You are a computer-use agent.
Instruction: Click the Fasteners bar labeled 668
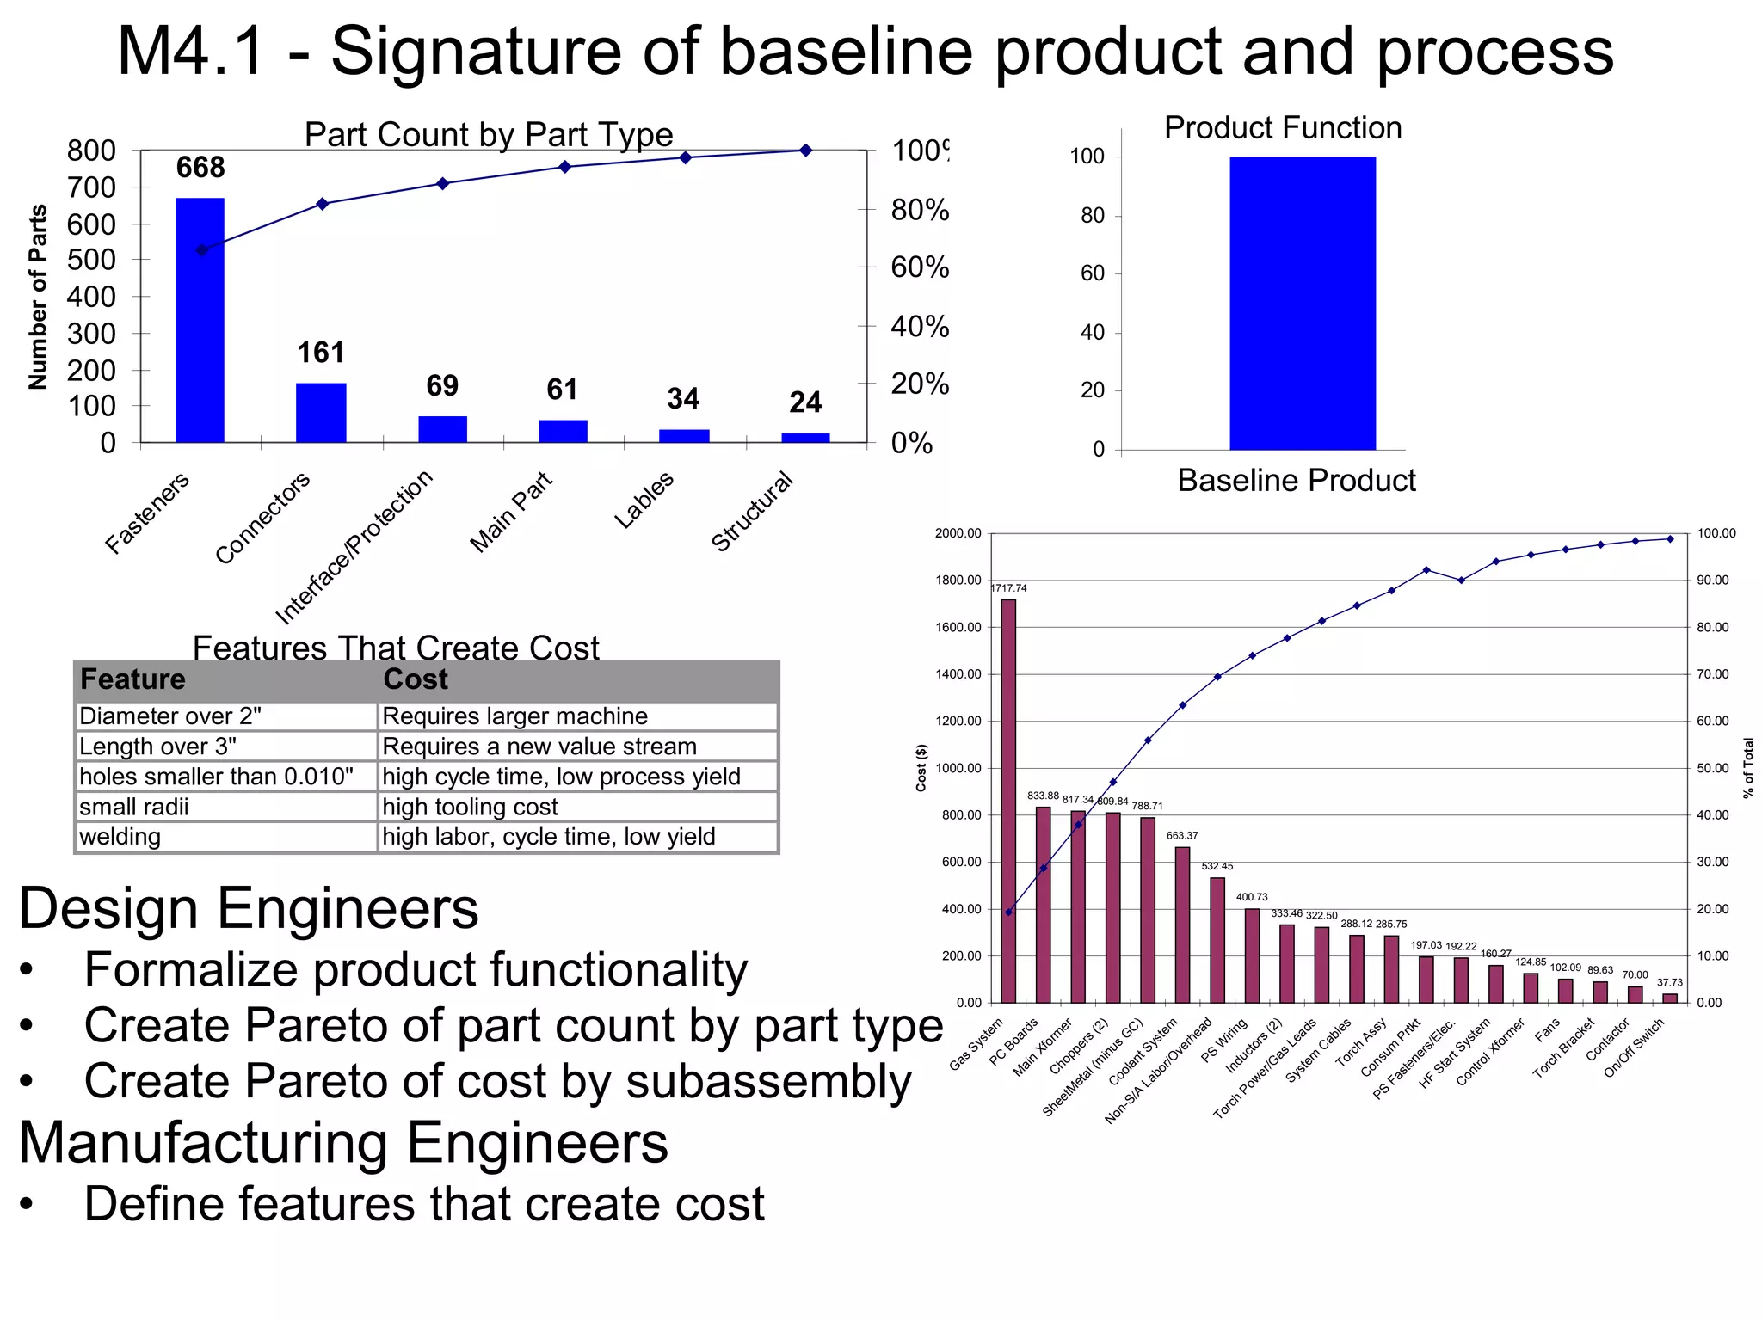(200, 320)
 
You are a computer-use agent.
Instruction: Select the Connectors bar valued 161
(321, 413)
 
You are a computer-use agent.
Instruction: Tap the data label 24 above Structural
(805, 402)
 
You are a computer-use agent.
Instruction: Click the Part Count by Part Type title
(488, 135)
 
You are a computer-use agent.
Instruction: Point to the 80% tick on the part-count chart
(919, 210)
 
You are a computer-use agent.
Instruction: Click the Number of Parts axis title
(37, 297)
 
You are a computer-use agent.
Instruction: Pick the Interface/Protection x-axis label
(354, 547)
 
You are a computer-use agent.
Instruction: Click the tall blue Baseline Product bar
(1302, 303)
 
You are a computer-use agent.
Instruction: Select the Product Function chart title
(1282, 128)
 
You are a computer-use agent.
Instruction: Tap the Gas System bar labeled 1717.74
(1008, 800)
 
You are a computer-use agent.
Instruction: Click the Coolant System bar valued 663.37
(1182, 925)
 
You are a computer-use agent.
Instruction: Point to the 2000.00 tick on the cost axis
(958, 534)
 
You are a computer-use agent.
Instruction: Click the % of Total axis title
(1748, 768)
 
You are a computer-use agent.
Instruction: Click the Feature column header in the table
(133, 679)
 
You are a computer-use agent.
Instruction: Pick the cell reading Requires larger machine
(514, 716)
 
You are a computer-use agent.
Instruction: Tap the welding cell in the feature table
(120, 837)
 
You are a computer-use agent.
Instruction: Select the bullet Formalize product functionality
(416, 970)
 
